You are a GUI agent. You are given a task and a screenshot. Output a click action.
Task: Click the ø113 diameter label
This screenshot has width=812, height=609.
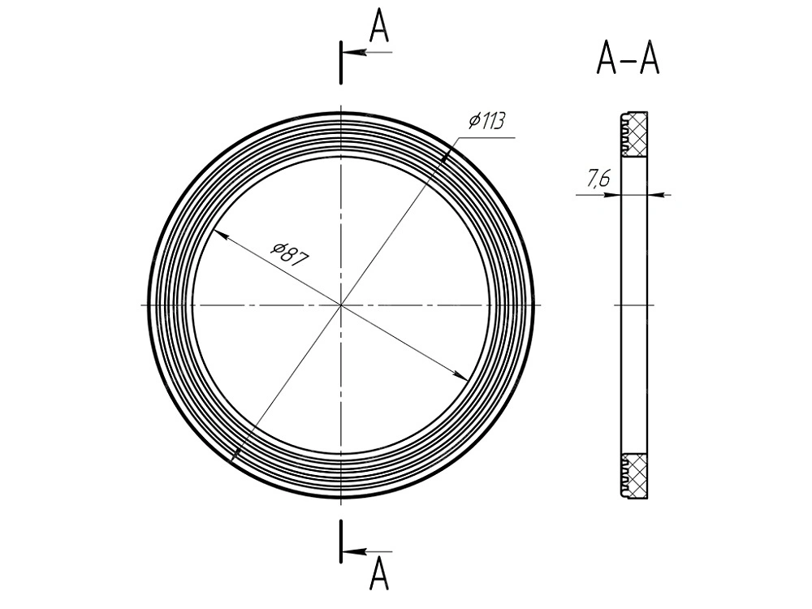[x=486, y=121]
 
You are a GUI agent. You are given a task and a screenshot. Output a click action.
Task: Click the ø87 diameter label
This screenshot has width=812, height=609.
[x=291, y=253]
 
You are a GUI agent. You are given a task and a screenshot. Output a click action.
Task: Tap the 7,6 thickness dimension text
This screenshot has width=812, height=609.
[x=598, y=178]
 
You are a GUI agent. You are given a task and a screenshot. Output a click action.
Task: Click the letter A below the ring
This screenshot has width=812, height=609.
[x=379, y=574]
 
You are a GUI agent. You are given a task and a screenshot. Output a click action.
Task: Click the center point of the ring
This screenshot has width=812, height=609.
[x=341, y=305]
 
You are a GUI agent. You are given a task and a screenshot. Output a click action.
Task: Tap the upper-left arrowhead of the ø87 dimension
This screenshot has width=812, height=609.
[x=220, y=235]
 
